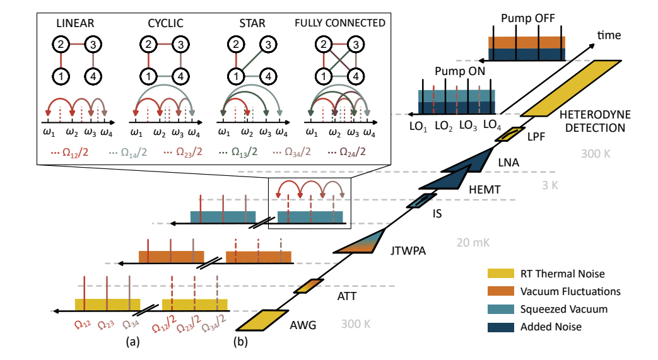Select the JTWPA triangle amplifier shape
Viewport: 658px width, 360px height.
click(x=363, y=243)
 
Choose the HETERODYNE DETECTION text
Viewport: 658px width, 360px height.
click(x=592, y=120)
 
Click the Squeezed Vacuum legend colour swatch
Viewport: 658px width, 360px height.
click(x=501, y=309)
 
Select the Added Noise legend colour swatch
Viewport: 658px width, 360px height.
click(x=501, y=327)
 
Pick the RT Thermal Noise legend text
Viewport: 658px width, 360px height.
click(x=563, y=274)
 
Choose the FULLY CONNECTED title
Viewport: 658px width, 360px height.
click(x=340, y=23)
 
